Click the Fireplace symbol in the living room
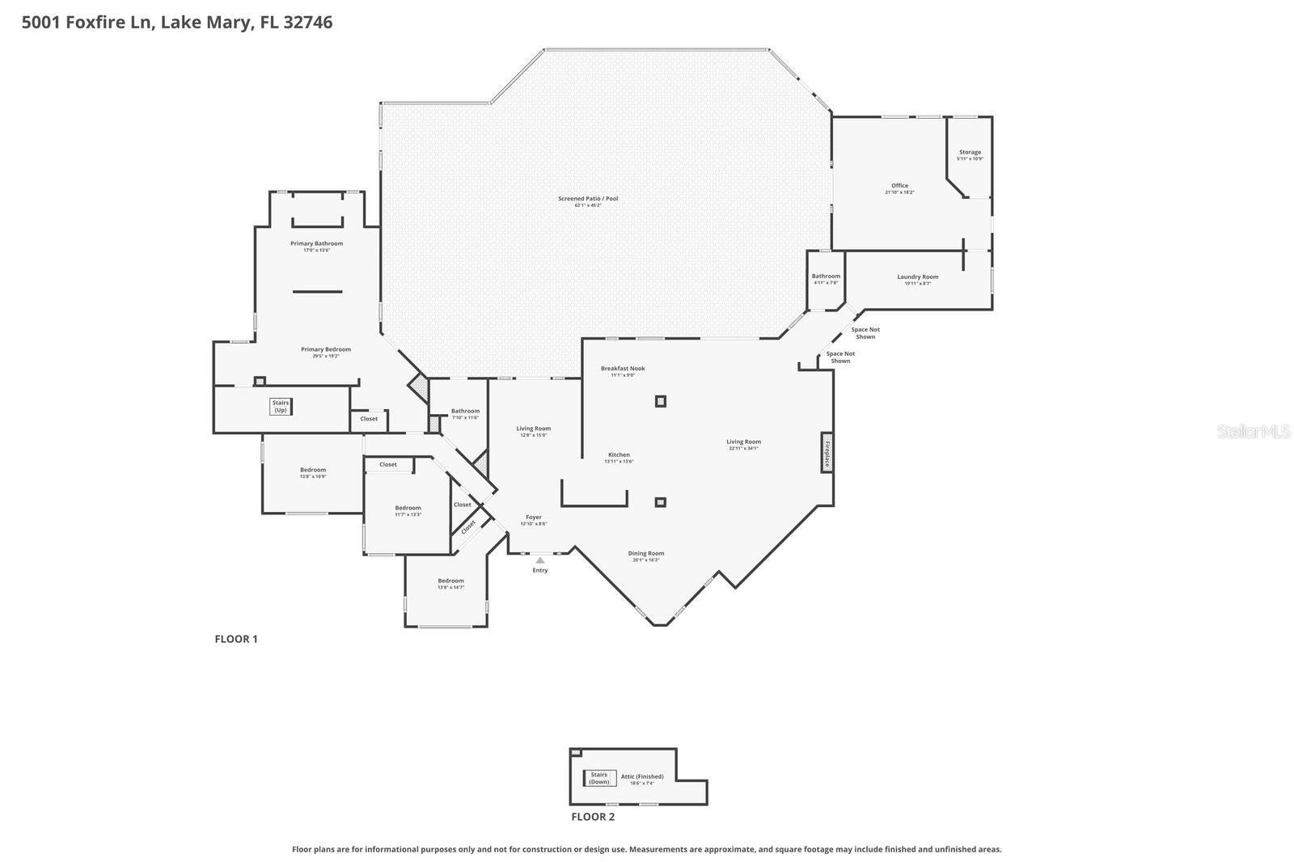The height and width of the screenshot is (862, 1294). (827, 453)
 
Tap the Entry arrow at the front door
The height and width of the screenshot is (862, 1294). (540, 560)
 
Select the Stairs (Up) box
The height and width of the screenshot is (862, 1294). (281, 407)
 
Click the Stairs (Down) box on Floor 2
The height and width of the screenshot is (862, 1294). (599, 778)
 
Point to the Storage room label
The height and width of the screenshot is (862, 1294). (970, 152)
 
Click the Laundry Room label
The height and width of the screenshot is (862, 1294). (917, 277)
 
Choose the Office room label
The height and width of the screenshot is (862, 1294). (899, 186)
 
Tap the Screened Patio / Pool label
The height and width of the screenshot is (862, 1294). (588, 199)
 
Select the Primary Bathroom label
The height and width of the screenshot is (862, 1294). (316, 243)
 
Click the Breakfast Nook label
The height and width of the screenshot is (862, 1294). (623, 369)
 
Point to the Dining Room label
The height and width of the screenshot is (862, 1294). (645, 554)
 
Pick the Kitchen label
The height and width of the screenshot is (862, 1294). (619, 455)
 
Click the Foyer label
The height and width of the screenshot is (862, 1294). (534, 518)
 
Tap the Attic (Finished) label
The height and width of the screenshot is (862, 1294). (642, 777)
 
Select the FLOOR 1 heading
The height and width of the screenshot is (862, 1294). (235, 639)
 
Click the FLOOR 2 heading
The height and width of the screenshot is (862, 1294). (593, 817)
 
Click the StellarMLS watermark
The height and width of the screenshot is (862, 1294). (1253, 432)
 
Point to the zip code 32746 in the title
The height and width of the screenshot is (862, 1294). (308, 22)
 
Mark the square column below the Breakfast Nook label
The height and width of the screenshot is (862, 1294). (660, 401)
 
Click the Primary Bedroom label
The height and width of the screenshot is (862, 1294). (326, 349)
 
